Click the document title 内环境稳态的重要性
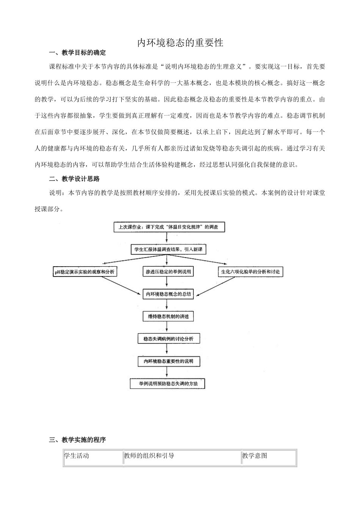[x=180, y=42]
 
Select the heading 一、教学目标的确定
[x=78, y=53]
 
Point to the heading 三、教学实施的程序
[x=78, y=440]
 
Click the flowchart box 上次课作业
[x=168, y=227]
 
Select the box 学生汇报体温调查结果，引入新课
[x=167, y=249]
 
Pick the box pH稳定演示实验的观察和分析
[x=85, y=272]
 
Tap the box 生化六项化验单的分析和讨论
[x=250, y=272]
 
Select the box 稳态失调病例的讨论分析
[x=168, y=339]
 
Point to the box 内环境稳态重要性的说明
[x=168, y=361]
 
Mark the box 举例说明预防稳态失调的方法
[x=167, y=384]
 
